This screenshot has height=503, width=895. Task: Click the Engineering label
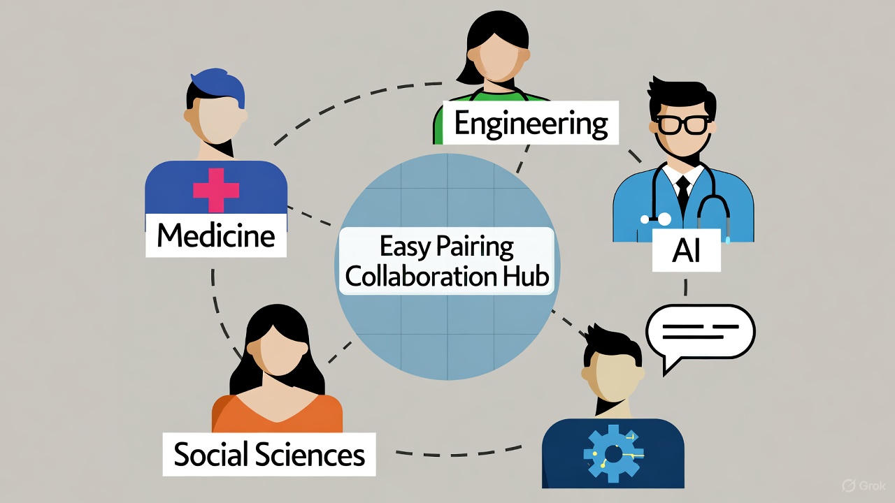point(530,124)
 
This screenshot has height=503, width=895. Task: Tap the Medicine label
point(215,235)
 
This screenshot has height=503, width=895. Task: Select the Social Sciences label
point(269,455)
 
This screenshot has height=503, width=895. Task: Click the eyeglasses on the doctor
point(681,124)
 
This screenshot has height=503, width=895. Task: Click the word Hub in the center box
point(529,277)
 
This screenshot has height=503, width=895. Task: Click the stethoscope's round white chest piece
point(664,219)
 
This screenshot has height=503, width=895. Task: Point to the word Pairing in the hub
point(475,247)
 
